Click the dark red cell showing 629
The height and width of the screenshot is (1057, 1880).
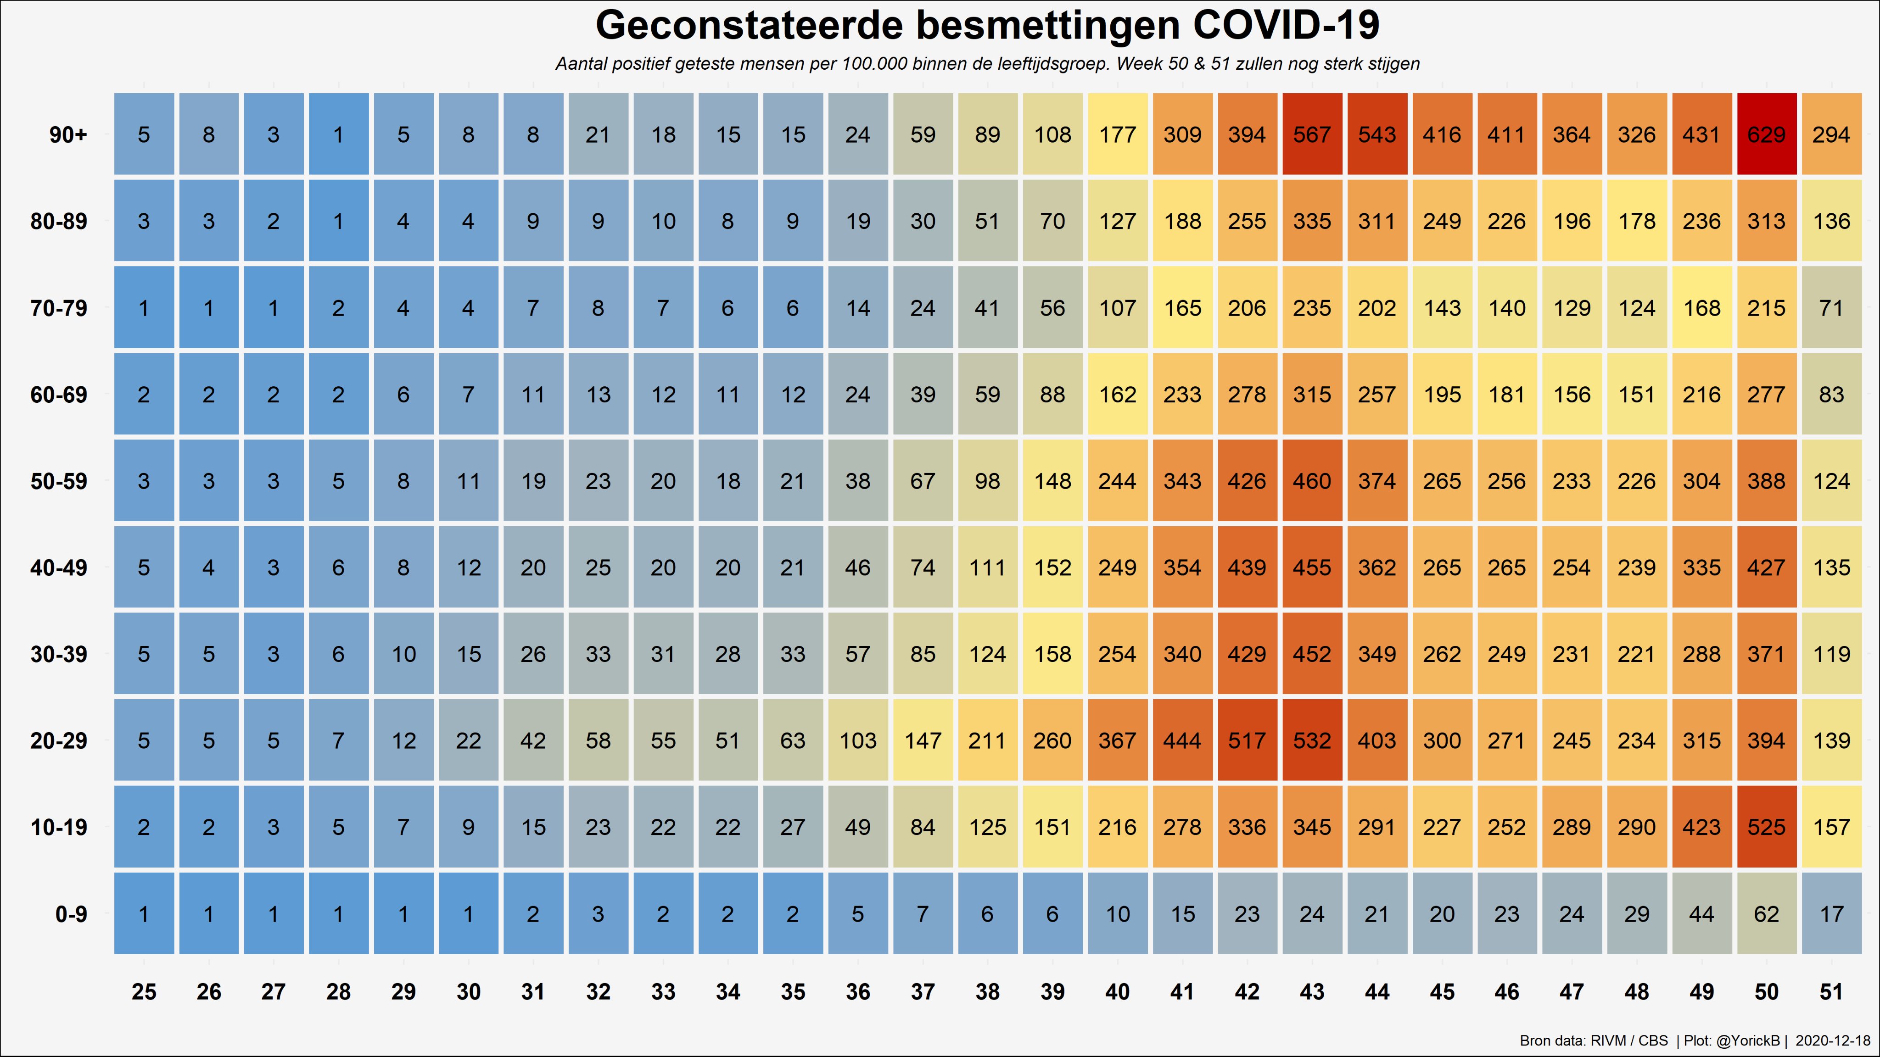coord(1766,134)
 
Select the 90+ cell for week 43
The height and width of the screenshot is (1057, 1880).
coord(1311,134)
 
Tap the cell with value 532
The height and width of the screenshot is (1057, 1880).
coord(1311,740)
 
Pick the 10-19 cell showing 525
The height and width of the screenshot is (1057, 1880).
coord(1766,827)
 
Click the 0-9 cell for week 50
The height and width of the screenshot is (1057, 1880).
coord(1766,913)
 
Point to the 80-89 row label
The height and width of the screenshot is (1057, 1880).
coord(58,221)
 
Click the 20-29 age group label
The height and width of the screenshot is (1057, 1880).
coord(58,740)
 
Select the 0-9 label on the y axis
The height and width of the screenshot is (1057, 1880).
coord(71,913)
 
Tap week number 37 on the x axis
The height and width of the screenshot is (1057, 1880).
coord(923,991)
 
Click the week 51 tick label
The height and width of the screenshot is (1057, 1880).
coord(1831,991)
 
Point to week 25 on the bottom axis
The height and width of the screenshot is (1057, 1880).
coord(144,991)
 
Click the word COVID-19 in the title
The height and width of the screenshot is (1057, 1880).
coord(1286,26)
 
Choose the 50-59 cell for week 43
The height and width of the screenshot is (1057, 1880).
coord(1311,481)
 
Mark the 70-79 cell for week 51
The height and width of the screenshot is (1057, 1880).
coord(1831,308)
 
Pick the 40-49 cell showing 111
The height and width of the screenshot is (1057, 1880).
coord(987,567)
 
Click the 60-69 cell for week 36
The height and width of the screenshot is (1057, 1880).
coord(857,395)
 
